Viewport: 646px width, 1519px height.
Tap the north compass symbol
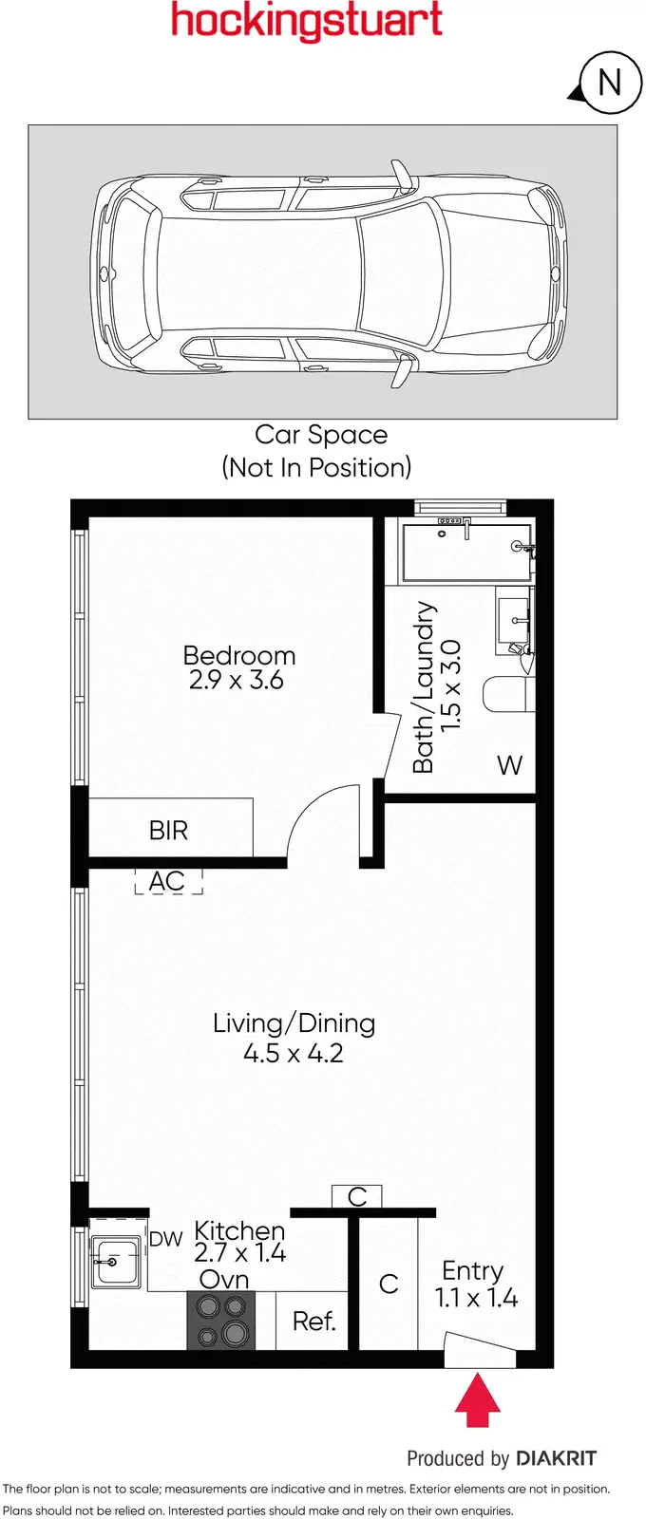coord(608,83)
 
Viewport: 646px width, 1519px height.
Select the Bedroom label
coord(238,655)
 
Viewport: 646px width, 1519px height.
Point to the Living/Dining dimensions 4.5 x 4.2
coord(293,1053)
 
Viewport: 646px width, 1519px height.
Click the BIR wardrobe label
coord(168,831)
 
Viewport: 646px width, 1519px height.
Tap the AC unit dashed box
coord(167,881)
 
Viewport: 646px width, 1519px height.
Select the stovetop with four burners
coord(221,1321)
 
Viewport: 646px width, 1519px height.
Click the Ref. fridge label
coord(313,1322)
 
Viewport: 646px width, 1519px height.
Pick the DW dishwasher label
coord(165,1239)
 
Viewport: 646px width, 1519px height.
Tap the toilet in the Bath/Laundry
coord(506,694)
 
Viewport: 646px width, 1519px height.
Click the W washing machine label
coord(509,765)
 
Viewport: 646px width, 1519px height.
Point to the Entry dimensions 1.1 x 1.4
coord(476,1298)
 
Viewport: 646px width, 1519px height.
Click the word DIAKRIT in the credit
coord(556,1458)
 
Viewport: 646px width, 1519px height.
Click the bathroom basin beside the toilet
coord(514,618)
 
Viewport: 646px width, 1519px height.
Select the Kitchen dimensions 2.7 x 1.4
coord(239,1253)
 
